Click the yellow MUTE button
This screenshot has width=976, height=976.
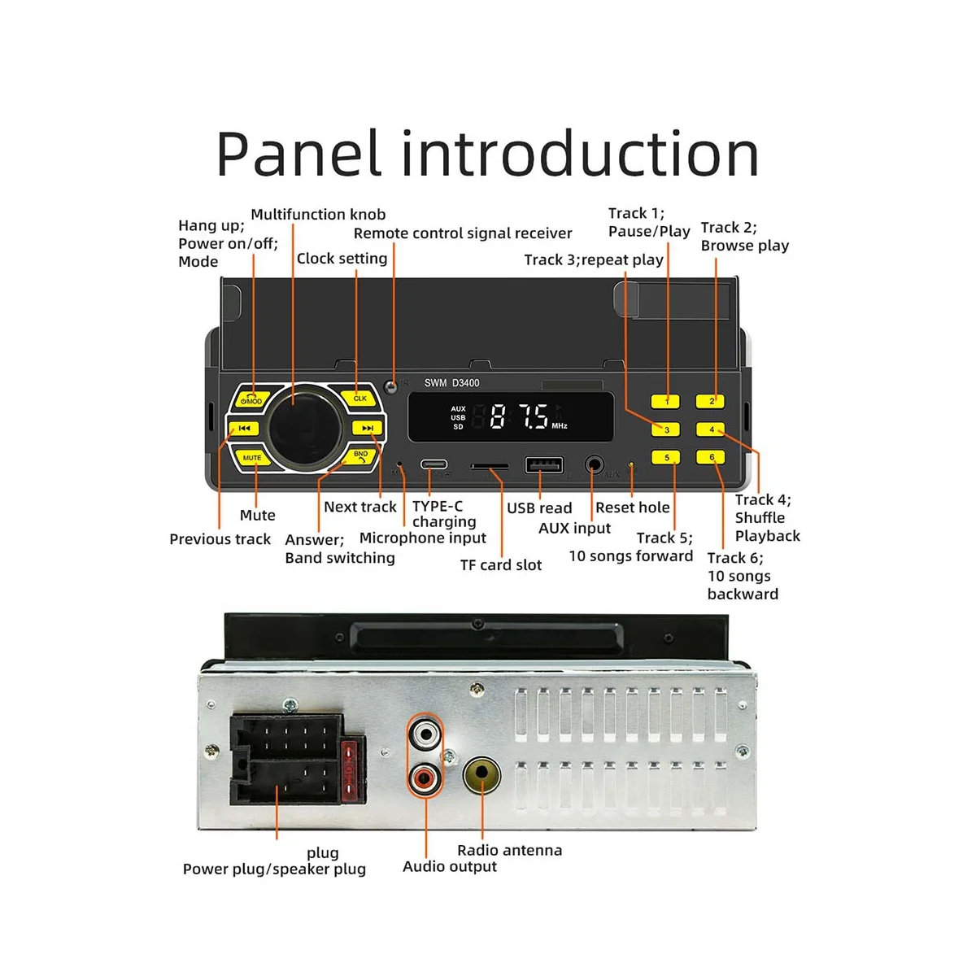click(x=252, y=458)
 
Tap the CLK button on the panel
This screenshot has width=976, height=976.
click(x=359, y=398)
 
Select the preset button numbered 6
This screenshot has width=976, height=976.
click(x=711, y=457)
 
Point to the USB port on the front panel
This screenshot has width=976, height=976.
click(x=544, y=465)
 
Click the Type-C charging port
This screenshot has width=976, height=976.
click(x=434, y=465)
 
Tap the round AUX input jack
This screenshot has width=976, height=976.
click(x=595, y=466)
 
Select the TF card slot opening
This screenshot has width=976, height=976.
click(x=490, y=468)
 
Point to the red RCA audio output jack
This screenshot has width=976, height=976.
click(x=425, y=779)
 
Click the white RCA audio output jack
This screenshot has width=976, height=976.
click(x=425, y=736)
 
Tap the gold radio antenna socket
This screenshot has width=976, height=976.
click(x=481, y=775)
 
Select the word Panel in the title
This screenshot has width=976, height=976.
click(x=298, y=154)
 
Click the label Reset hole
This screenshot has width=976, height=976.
click(x=632, y=508)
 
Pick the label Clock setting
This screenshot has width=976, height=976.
click(x=342, y=259)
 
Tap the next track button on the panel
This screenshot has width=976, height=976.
click(x=367, y=428)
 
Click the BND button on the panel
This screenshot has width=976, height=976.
click(x=359, y=456)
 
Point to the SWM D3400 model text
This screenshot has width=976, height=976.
click(x=451, y=383)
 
